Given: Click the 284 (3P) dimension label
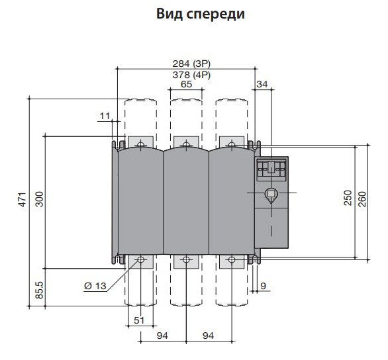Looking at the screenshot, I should pos(187,64).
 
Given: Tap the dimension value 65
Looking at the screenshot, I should pos(186,85).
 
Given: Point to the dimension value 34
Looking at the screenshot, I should pos(263,84).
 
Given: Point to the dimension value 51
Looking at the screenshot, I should pos(140,321).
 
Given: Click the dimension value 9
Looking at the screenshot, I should pos(264,286).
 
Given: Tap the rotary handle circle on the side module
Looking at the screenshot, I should pos(270,195).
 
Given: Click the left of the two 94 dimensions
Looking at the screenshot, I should pos(163,336).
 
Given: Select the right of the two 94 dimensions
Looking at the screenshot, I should pos(209,336).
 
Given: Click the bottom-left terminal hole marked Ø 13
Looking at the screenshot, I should pos(140,260).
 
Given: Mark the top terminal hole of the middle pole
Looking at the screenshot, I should pos(186,144).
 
